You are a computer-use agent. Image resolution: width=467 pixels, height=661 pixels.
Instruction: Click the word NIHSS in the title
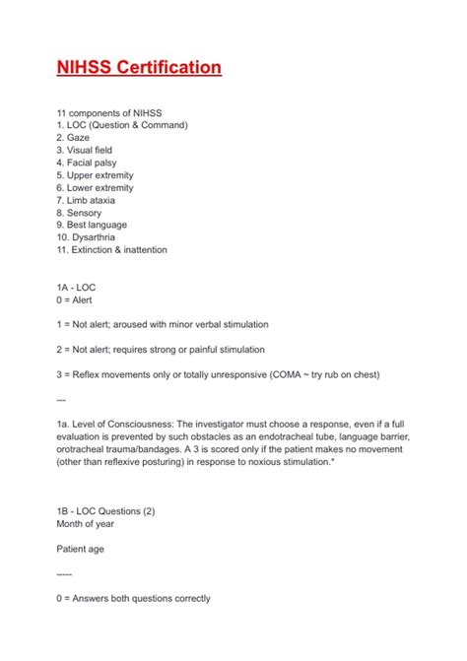coord(83,67)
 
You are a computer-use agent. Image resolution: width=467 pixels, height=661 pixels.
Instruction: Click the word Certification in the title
coord(167,67)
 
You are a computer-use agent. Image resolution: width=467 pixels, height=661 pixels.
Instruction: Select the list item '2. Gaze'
coord(73,138)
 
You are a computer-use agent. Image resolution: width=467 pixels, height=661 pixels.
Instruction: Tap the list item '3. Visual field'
coord(84,151)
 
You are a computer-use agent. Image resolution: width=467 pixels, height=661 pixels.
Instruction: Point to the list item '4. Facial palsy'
coord(84,163)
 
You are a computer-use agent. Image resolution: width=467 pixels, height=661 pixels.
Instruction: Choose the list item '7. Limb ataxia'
coord(84,200)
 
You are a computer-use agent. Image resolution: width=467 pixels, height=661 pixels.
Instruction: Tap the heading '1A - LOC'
coord(76,287)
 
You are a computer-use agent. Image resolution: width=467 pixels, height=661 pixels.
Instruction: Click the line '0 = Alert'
coord(75,299)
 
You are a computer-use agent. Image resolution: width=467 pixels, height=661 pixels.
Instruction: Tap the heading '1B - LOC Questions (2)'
coord(106,510)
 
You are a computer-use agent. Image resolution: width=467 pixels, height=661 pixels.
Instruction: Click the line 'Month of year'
coord(87,523)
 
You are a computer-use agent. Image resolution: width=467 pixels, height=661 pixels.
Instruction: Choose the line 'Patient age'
coord(80,548)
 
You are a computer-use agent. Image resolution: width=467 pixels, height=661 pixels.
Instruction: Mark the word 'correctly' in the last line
coord(190,598)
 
